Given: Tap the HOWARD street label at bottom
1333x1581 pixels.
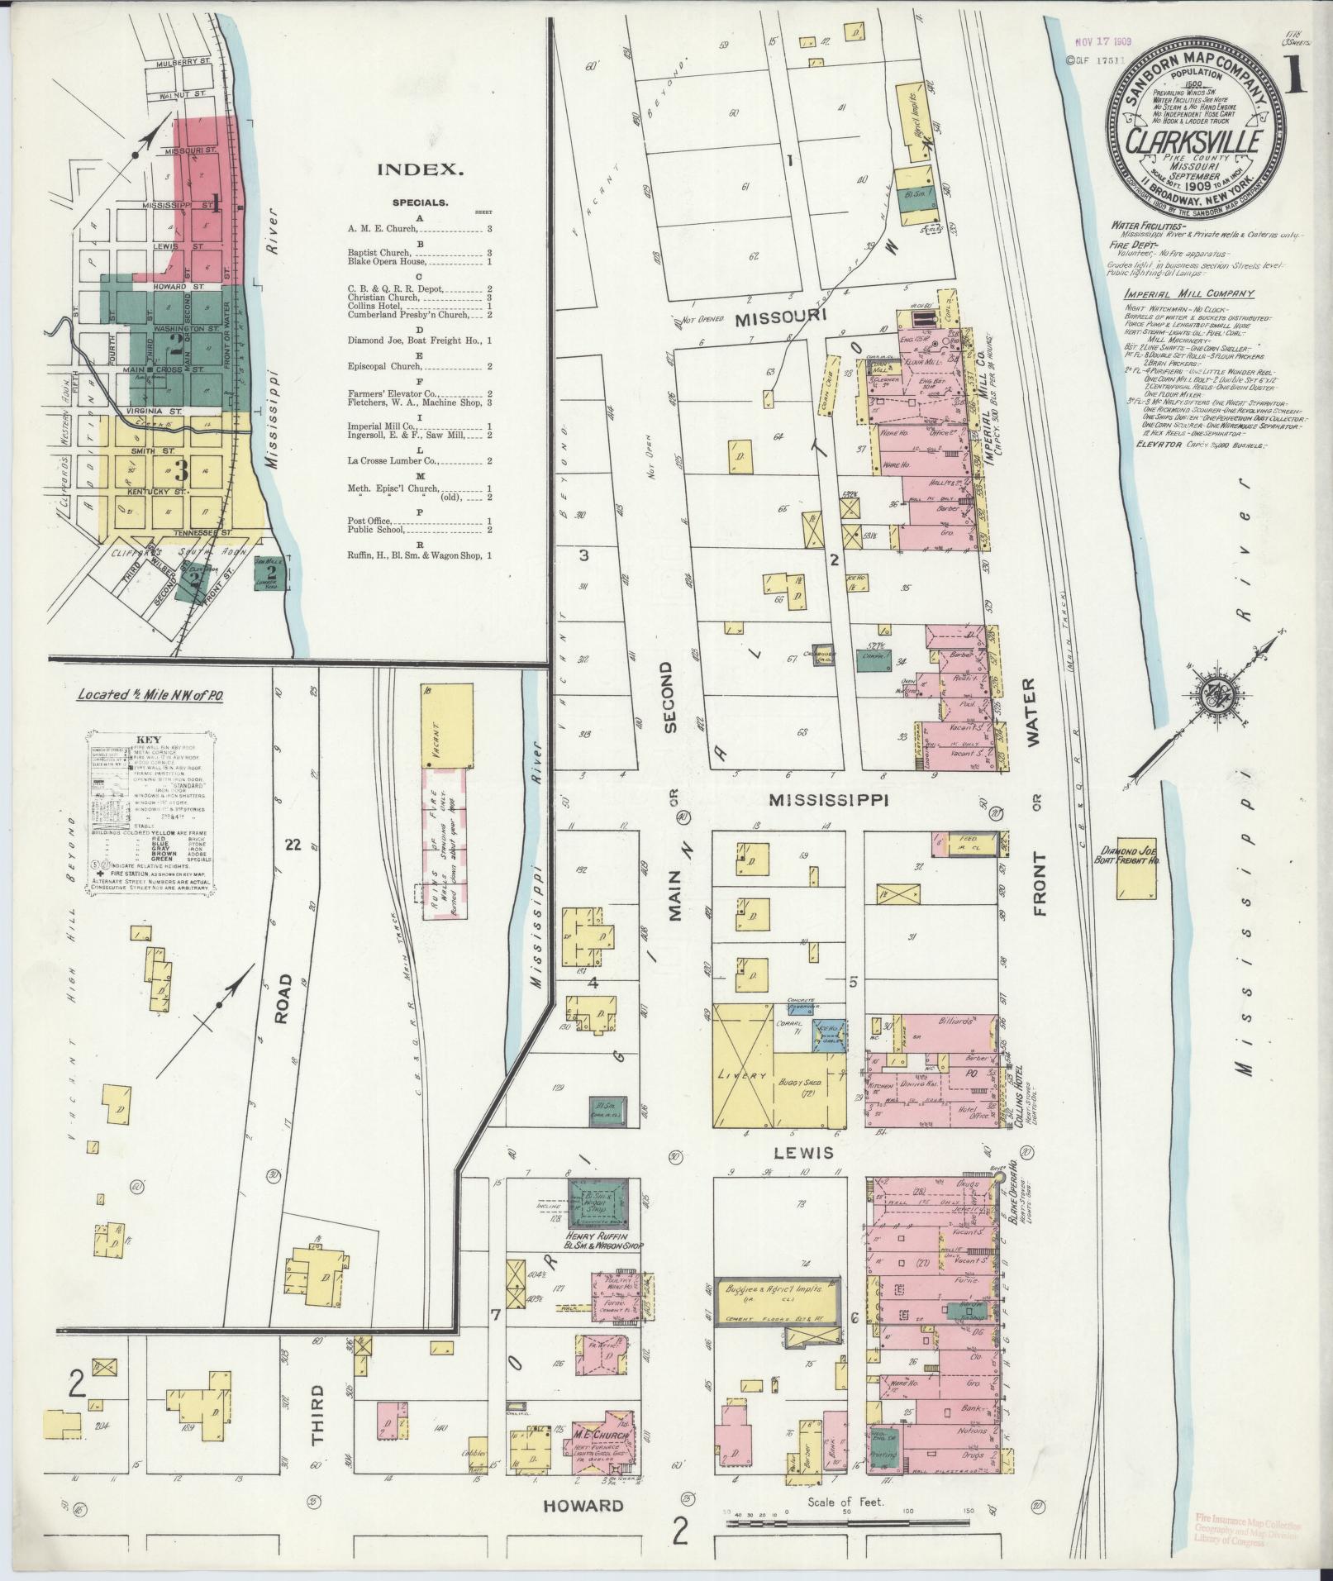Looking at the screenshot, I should (x=583, y=1505).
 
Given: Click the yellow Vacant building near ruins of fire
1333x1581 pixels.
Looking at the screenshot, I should (x=447, y=726).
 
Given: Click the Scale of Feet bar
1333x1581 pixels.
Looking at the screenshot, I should (x=847, y=1521).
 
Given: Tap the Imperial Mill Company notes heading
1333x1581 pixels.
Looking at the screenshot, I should (x=1188, y=293).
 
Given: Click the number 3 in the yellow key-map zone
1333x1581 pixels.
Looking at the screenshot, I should (x=181, y=473).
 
